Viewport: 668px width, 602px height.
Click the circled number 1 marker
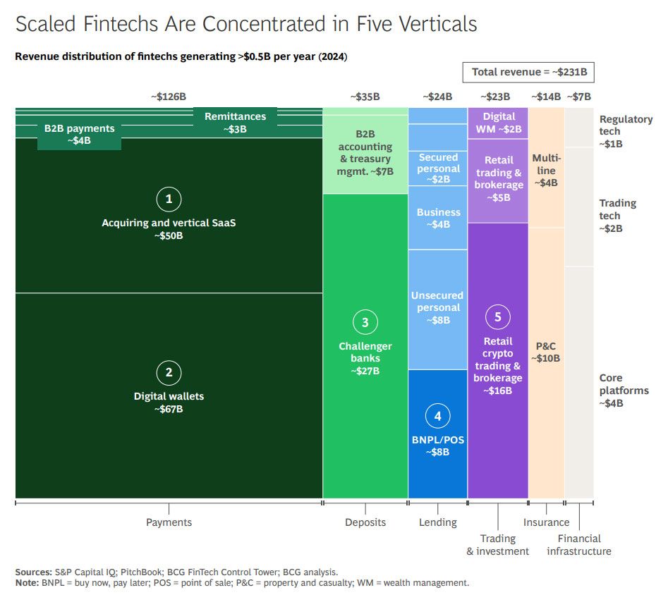tap(169, 199)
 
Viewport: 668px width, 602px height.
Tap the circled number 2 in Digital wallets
tap(169, 373)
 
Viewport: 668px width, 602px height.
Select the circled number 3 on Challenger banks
tap(365, 323)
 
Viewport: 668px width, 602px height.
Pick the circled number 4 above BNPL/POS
tap(437, 417)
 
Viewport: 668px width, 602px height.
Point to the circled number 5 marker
tap(497, 317)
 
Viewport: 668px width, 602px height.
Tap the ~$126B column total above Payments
tap(168, 97)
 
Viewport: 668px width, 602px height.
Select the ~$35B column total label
tap(365, 97)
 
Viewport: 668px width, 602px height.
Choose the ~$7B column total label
tap(578, 97)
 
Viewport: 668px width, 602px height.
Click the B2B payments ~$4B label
tap(79, 135)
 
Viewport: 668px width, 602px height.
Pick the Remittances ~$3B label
tap(236, 123)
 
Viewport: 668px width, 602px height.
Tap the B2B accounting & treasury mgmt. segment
tap(365, 152)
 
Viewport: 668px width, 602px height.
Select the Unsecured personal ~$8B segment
tap(437, 308)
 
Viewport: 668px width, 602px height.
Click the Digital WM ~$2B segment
tap(499, 123)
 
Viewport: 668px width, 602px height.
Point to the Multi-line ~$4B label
tap(547, 170)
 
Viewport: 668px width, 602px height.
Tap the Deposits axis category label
tap(365, 522)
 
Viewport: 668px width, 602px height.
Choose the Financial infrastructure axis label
tap(578, 544)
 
